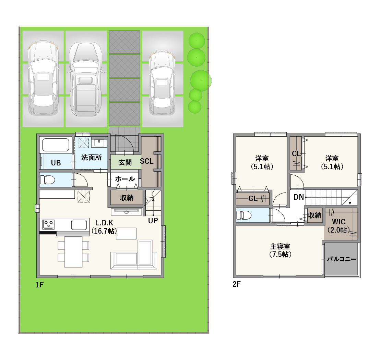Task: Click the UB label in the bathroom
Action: (x=56, y=163)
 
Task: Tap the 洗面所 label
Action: (x=91, y=158)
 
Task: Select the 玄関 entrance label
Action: (x=125, y=162)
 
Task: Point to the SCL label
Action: (x=146, y=161)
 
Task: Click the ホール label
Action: (x=125, y=179)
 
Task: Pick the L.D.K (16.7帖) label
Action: (x=104, y=227)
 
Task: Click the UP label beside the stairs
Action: (x=153, y=221)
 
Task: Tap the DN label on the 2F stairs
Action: (x=299, y=197)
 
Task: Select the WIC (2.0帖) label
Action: (x=339, y=226)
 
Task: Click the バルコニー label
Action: (x=342, y=259)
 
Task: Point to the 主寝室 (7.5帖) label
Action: (x=280, y=250)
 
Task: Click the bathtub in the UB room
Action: (x=56, y=145)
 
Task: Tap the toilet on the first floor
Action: (x=47, y=179)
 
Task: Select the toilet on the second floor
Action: (x=243, y=215)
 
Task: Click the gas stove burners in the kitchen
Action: (x=49, y=224)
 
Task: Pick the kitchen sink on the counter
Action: (x=79, y=225)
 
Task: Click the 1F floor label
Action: (x=39, y=285)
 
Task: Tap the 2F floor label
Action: (x=236, y=284)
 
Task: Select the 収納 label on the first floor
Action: (x=127, y=198)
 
